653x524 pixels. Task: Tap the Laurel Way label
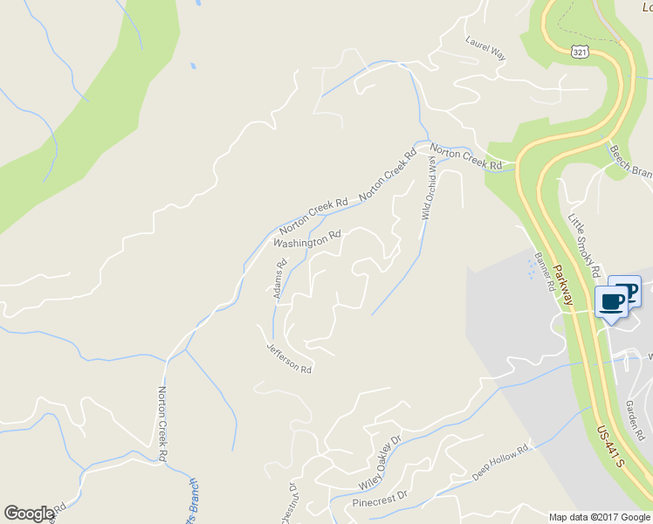point(486,47)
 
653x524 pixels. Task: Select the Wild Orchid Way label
point(429,188)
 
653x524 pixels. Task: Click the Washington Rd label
point(306,238)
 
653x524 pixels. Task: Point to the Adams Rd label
point(280,279)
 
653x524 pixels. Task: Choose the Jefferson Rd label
point(289,357)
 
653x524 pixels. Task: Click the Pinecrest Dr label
point(380,499)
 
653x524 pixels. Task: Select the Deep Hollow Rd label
point(501,462)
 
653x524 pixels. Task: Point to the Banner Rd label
point(545,271)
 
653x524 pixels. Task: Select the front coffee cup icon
point(613,303)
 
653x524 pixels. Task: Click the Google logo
point(29,514)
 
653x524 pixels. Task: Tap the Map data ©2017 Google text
point(600,517)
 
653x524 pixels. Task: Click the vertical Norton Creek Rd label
point(163,424)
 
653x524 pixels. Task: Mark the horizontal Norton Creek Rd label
point(465,157)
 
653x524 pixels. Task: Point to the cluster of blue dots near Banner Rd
point(532,269)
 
